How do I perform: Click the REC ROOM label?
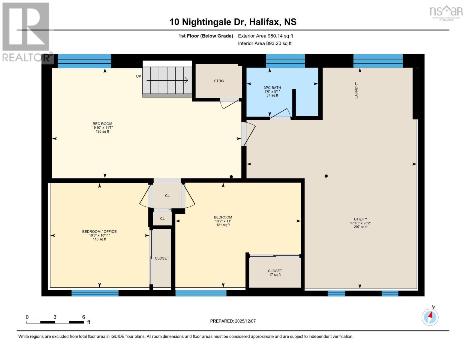102,127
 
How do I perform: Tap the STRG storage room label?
219,81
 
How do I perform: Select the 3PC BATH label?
272,91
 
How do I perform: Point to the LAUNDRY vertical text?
356,90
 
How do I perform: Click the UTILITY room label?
360,223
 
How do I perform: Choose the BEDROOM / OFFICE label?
99,235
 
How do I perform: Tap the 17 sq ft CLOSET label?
275,273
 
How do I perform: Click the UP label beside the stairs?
138,76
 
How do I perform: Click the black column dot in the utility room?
326,176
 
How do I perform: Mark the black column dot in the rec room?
231,177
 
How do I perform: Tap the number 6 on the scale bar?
83,317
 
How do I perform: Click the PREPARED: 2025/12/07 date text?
233,321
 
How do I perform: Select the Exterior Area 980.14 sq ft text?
265,36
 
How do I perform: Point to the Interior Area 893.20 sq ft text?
265,43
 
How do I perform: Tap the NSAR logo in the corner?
446,12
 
